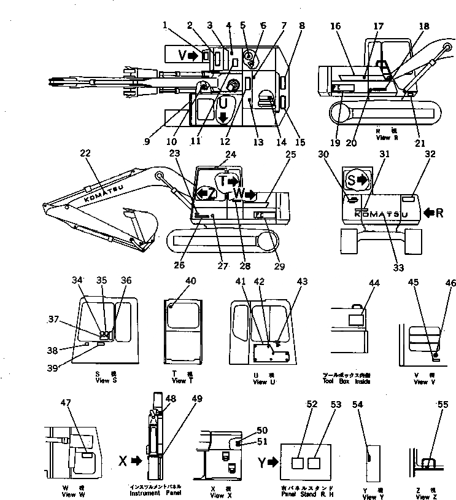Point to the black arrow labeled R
pyautogui.click(x=433, y=213)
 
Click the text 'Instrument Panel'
pyautogui.click(x=155, y=492)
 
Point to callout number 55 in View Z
pyautogui.click(x=442, y=404)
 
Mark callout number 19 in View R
pyautogui.click(x=333, y=143)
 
